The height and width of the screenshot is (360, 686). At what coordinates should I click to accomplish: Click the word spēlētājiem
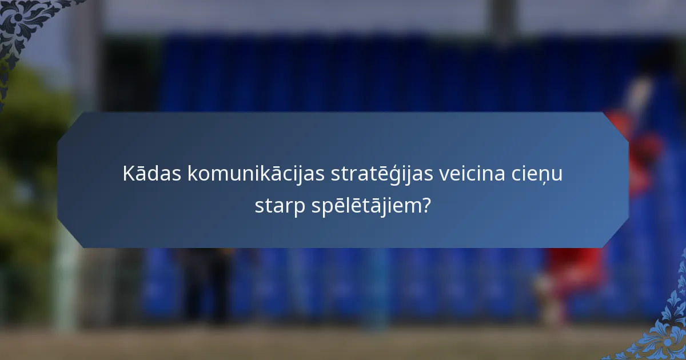coord(369,206)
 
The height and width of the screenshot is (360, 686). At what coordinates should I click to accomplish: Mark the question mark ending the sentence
coord(426,205)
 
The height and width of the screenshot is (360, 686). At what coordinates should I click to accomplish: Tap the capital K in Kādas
coord(128,174)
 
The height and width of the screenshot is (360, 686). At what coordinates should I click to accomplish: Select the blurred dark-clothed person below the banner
coord(206,280)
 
